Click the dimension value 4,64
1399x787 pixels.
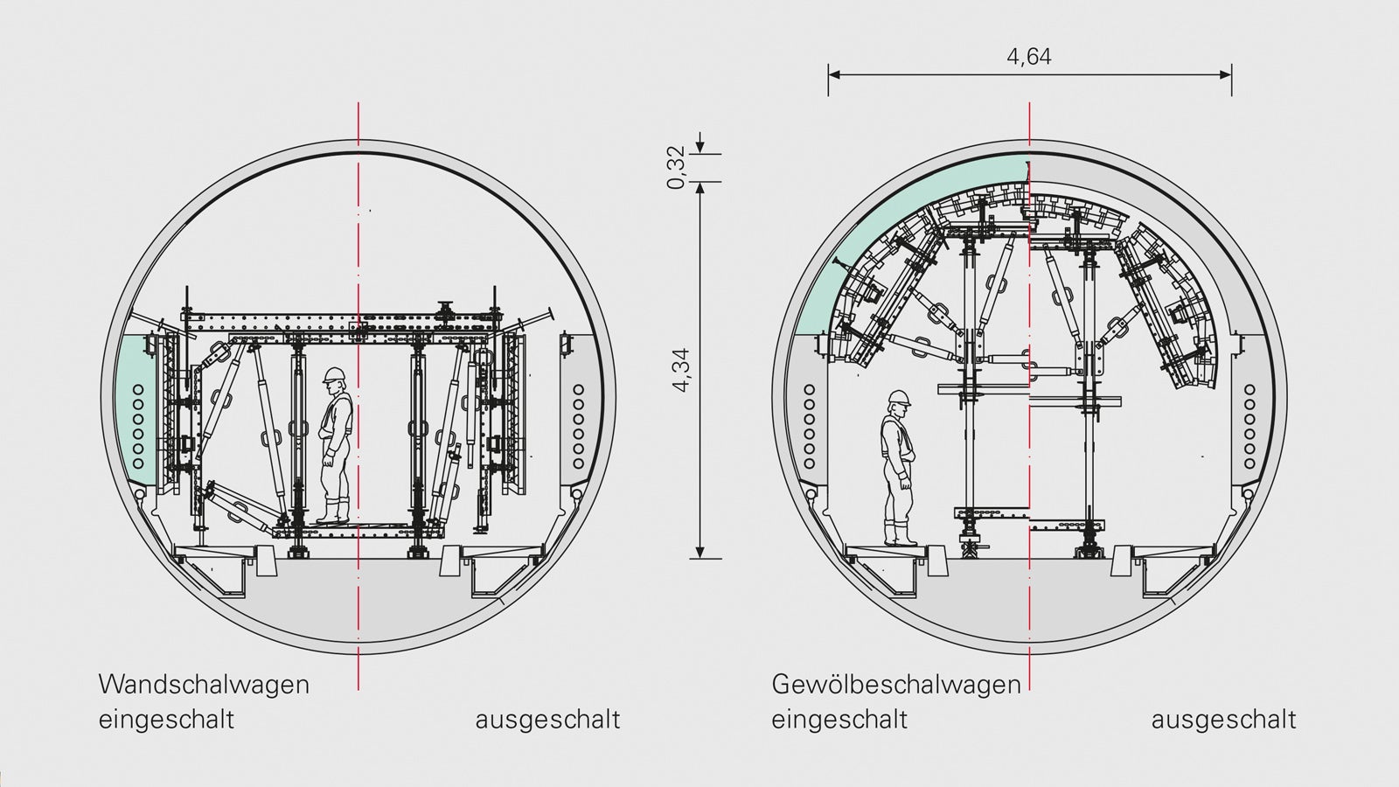(x=1029, y=58)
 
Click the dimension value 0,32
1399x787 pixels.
(x=677, y=167)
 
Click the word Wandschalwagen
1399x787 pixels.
(x=205, y=685)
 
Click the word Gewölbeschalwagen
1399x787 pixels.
(x=896, y=685)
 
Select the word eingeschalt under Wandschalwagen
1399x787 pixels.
(x=167, y=719)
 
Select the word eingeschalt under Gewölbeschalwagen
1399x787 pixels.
(x=839, y=719)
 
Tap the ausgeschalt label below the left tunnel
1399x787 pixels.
(x=547, y=719)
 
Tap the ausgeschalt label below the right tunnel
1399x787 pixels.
(x=1223, y=719)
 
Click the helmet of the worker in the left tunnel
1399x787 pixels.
(x=334, y=375)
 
